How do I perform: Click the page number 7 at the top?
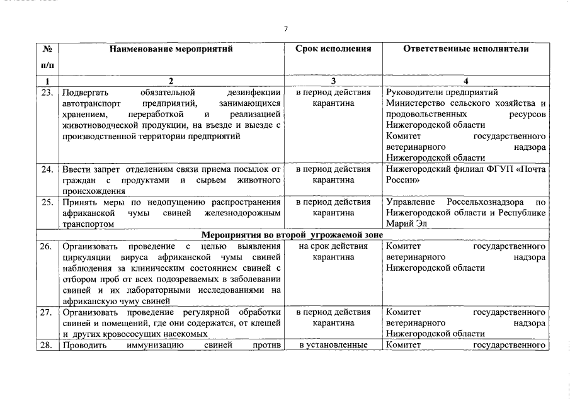pyautogui.click(x=285, y=29)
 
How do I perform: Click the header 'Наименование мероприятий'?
pyautogui.click(x=170, y=48)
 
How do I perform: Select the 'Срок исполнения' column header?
pyautogui.click(x=333, y=48)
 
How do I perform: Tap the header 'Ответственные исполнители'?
pyautogui.click(x=465, y=48)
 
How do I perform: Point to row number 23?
pyautogui.click(x=46, y=93)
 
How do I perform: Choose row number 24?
pyautogui.click(x=46, y=169)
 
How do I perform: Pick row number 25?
pyautogui.click(x=46, y=202)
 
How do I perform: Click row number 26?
pyautogui.click(x=46, y=246)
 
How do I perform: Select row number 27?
pyautogui.click(x=46, y=312)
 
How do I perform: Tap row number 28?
pyautogui.click(x=46, y=345)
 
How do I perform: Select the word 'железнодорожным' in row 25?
pyautogui.click(x=245, y=213)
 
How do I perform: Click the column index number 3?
pyautogui.click(x=333, y=81)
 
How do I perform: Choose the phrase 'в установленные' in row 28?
pyautogui.click(x=333, y=345)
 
